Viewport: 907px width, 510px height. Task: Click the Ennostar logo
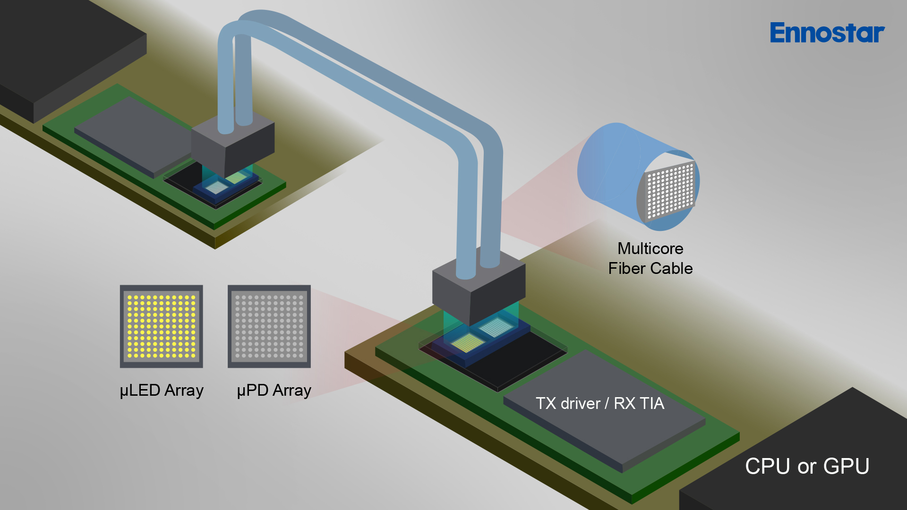827,33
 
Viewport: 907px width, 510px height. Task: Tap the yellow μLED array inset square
161,326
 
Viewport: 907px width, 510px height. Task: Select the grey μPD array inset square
269,326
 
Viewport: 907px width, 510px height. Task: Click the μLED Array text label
162,391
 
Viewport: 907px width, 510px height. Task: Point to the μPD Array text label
274,391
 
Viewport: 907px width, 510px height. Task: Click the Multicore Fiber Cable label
650,258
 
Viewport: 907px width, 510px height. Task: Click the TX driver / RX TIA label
600,403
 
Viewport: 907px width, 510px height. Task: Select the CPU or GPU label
807,467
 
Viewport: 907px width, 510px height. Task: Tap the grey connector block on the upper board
232,144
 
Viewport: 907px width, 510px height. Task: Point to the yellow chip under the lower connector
468,342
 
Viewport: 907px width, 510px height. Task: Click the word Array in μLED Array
184,391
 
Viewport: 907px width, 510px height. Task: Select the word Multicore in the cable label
650,248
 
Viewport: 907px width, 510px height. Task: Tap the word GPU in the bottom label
846,467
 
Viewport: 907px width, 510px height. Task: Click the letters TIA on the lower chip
652,403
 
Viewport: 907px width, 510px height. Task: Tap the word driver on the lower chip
580,403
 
